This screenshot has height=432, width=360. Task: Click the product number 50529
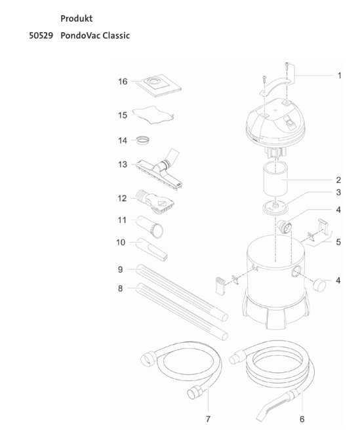41,35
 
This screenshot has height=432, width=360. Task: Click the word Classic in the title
113,35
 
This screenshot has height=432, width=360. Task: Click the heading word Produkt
76,18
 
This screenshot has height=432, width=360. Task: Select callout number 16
123,82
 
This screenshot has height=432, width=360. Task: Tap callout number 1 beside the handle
339,75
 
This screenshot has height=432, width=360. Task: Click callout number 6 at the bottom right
302,418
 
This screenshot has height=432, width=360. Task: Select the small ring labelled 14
144,140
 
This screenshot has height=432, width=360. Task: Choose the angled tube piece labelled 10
151,250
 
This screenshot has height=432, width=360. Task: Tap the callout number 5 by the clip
338,241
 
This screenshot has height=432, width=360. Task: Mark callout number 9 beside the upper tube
120,269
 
